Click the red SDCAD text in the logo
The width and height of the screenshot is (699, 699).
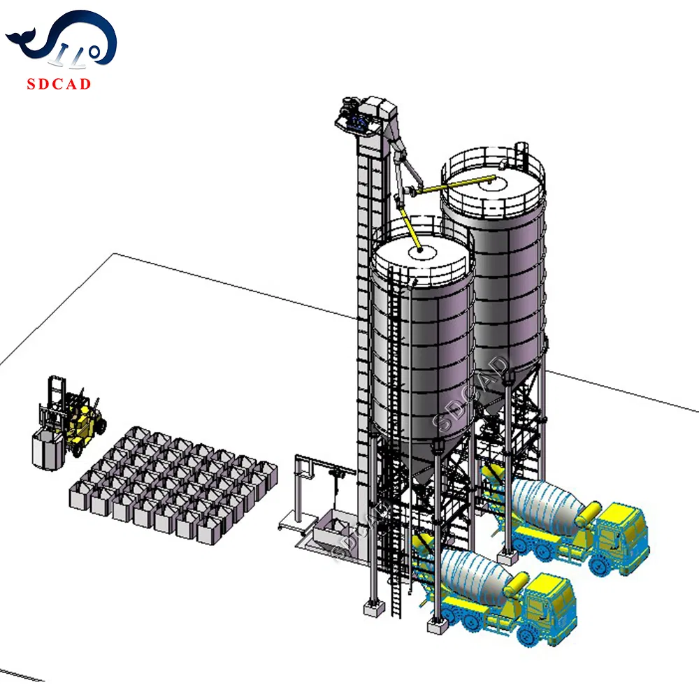(59, 85)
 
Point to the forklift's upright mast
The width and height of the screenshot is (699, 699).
(57, 405)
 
